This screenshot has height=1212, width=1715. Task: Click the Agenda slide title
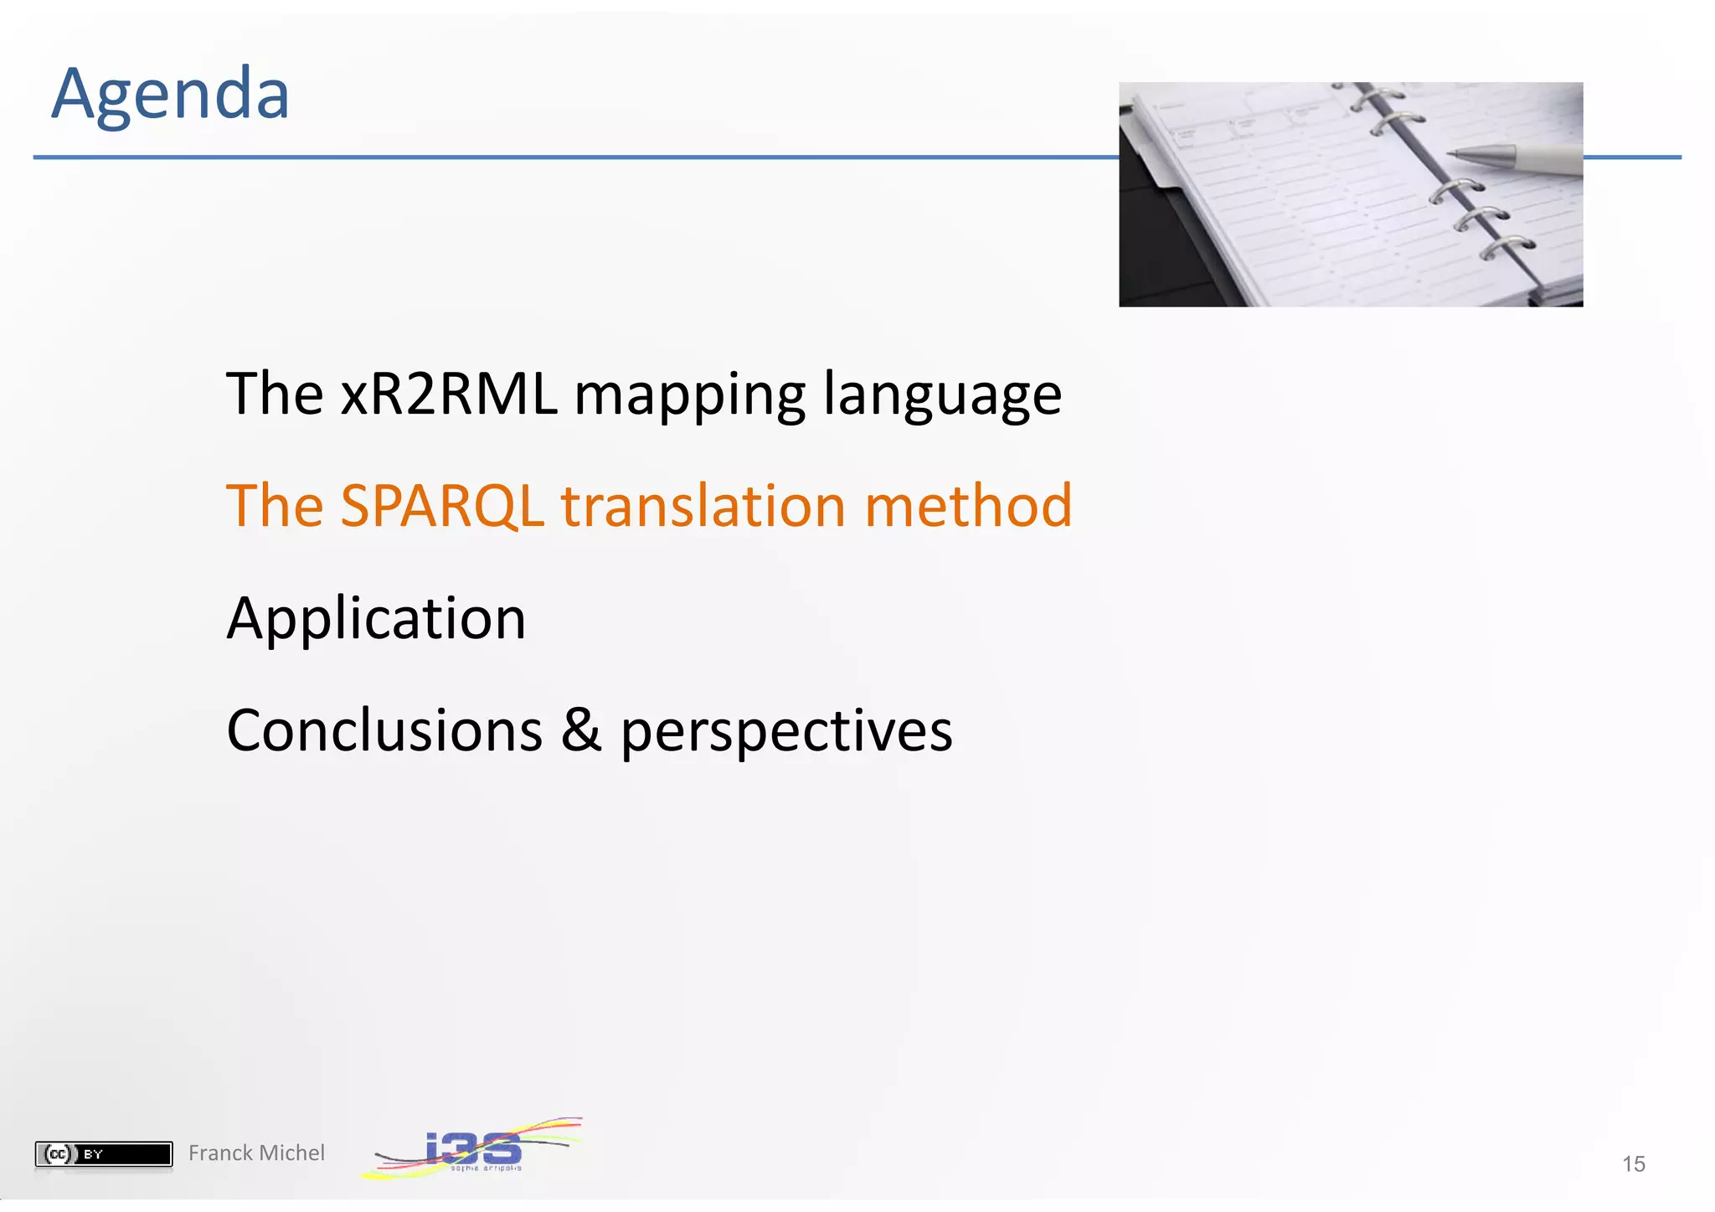pos(170,94)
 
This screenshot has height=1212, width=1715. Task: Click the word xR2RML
pos(449,394)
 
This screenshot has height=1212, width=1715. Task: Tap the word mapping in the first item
pos(689,395)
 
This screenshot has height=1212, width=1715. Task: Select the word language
pos(942,395)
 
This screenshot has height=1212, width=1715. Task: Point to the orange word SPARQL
pos(442,506)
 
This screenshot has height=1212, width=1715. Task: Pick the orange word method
pos(967,506)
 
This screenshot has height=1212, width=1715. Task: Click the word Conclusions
pos(384,730)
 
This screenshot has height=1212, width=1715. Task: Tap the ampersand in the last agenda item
pos(581,730)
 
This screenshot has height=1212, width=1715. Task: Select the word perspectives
pos(786,732)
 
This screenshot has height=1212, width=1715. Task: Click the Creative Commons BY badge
pos(104,1153)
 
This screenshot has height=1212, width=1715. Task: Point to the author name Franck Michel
pos(256,1153)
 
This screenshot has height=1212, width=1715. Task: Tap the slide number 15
pos(1633,1163)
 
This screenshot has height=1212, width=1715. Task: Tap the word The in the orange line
pos(275,506)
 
